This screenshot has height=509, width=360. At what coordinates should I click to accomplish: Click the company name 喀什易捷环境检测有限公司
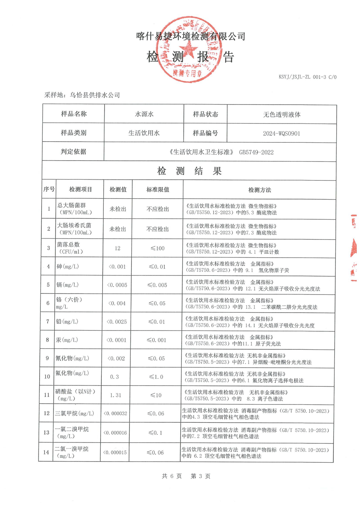point(190,36)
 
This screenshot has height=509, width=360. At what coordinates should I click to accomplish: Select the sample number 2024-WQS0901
point(282,133)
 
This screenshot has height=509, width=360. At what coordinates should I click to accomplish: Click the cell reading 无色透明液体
point(282,115)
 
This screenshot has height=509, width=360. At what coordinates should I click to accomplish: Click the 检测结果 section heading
point(189,171)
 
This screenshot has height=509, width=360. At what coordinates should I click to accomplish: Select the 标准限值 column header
point(158,190)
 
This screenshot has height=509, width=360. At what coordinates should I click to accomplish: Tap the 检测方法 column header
point(259,190)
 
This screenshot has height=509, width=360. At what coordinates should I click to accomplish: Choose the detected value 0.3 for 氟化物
point(114,376)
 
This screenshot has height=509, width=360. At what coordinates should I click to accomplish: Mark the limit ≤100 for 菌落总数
point(157,248)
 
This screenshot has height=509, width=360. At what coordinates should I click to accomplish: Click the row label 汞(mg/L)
point(67,340)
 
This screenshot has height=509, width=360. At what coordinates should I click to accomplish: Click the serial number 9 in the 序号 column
point(48,358)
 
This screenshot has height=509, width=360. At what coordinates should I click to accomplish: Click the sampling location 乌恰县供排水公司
point(95,95)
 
